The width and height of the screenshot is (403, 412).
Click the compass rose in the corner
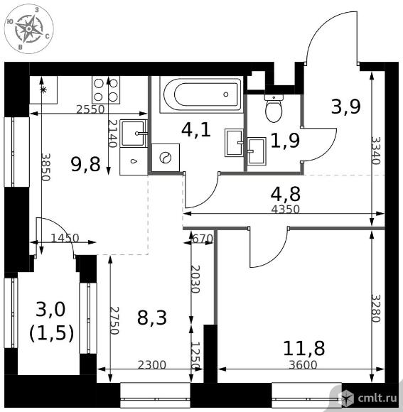(x=29, y=28)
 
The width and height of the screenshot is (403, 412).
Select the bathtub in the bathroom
(x=201, y=94)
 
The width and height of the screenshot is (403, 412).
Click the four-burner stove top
(x=106, y=90)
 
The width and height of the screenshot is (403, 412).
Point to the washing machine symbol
(x=166, y=158)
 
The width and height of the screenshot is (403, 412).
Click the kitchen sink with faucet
(x=134, y=134)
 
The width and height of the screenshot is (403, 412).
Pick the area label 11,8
(x=304, y=348)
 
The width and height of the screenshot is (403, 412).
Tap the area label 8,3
(x=152, y=318)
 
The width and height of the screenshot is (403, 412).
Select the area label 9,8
(x=86, y=164)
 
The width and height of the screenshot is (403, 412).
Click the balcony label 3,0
(x=50, y=309)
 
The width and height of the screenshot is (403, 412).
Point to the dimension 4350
(x=286, y=210)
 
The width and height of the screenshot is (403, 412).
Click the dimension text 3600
(x=303, y=364)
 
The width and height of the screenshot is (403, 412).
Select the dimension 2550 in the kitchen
(x=90, y=109)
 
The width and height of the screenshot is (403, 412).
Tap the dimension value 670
(x=203, y=239)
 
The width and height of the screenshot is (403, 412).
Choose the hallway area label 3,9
(x=345, y=107)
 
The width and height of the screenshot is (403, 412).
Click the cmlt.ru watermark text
(x=377, y=398)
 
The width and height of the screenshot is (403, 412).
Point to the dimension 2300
(x=152, y=364)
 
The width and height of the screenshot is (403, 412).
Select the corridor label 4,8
(x=286, y=194)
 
